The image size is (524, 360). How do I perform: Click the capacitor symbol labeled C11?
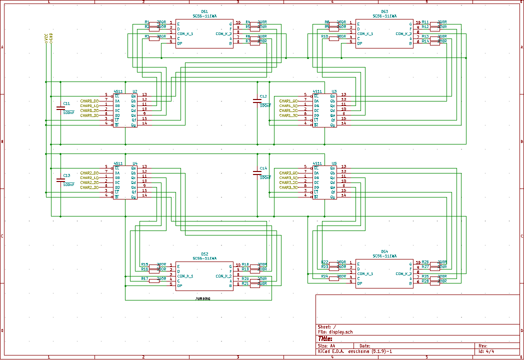coord(61,107)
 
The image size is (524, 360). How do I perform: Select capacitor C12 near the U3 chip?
coord(257,101)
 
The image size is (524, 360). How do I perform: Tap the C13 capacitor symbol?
coord(61,179)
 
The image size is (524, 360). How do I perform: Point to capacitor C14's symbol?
coord(257,173)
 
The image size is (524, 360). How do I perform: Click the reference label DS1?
coord(204,11)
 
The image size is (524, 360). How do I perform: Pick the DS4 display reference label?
coord(384,251)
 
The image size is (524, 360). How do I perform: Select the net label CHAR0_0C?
coord(89,101)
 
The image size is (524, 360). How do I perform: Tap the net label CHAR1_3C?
coord(288,115)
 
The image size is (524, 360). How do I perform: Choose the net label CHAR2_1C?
coord(89,178)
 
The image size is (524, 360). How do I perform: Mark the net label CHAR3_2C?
coord(288,182)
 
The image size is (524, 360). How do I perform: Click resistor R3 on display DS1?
coord(154,37)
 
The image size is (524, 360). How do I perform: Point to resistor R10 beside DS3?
coord(334,37)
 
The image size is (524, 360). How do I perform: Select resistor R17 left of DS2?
coord(154,280)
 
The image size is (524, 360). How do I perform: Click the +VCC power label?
coord(45,38)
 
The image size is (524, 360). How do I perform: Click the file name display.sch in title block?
coord(341,332)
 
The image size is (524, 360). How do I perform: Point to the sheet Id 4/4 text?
coord(486,351)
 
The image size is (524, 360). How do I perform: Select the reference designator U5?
coord(334,163)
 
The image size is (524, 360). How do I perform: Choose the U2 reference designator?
coord(135,91)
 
